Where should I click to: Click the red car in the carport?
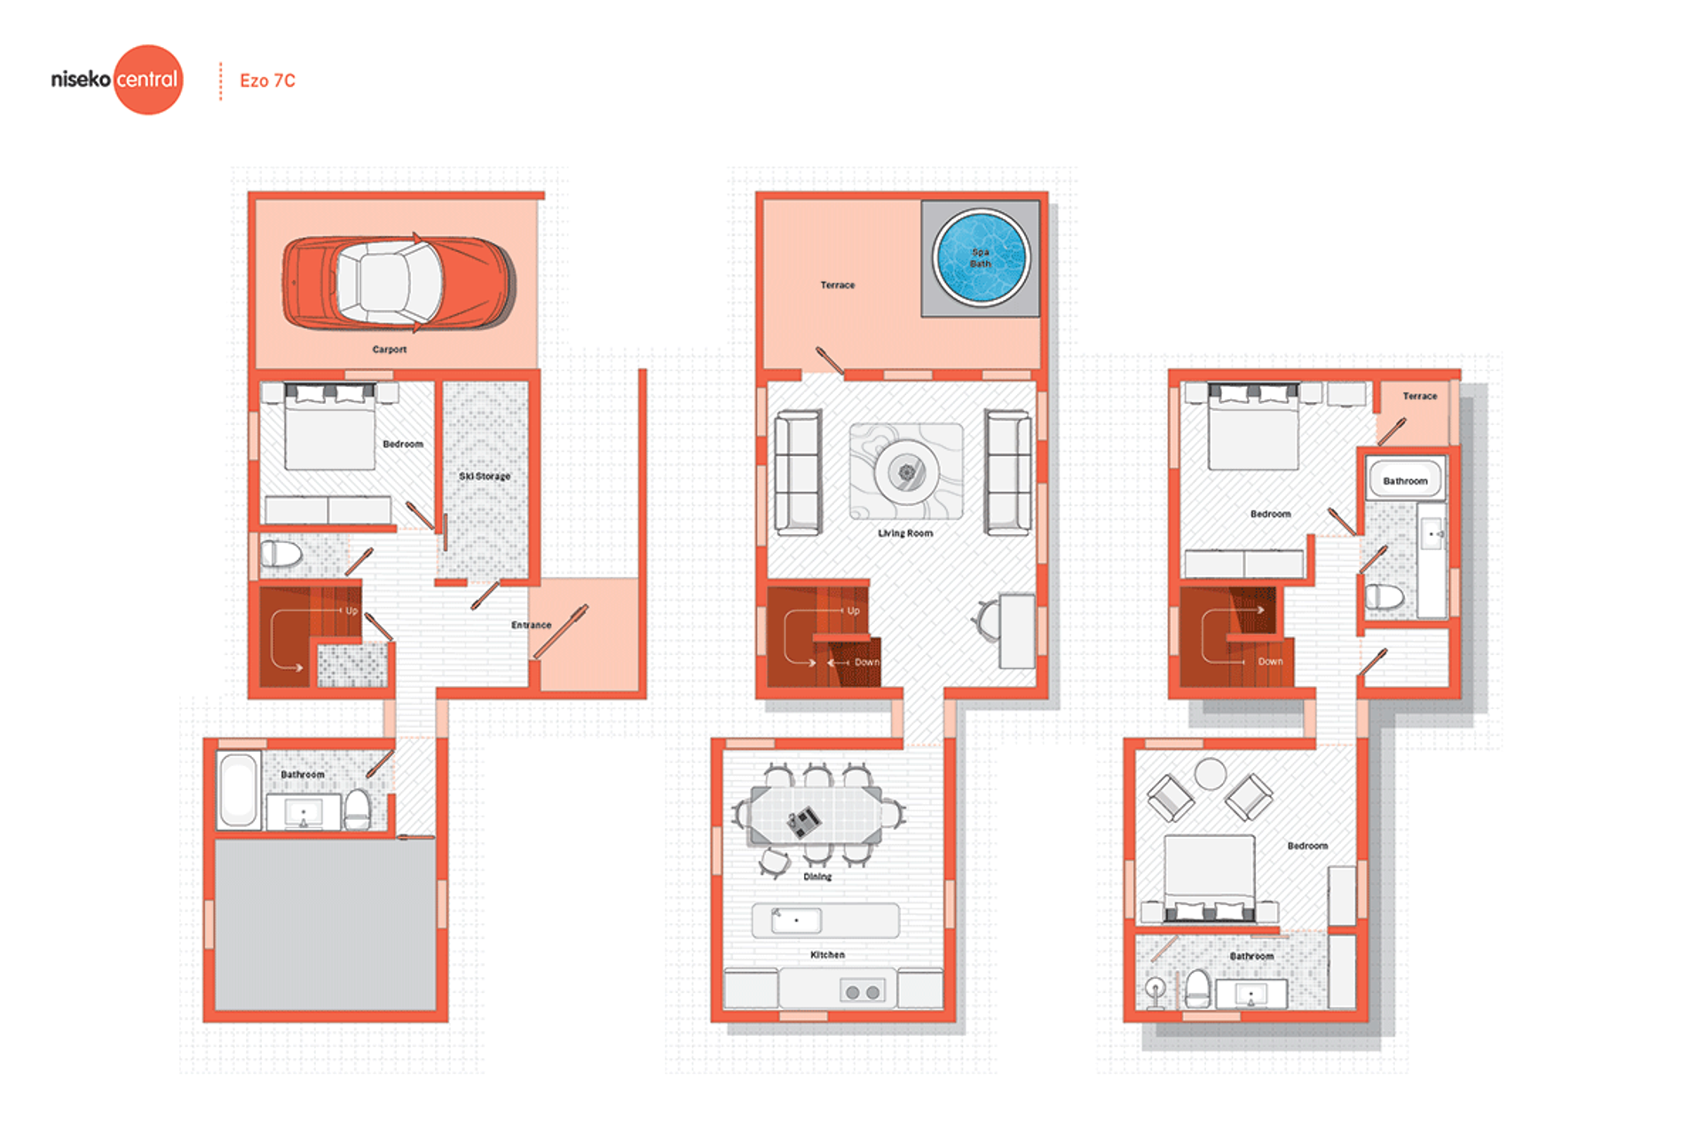398,283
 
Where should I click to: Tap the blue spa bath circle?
981,257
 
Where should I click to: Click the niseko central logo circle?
148,80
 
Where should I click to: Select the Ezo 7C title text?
267,81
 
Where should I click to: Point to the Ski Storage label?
485,477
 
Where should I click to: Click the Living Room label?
905,533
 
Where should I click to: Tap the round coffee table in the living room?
906,471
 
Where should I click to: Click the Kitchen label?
827,955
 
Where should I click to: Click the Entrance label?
531,625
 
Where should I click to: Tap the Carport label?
390,350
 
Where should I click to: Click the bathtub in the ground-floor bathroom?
238,791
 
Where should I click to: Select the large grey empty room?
326,925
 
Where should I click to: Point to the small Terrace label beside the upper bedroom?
1420,396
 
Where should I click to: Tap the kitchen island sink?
796,920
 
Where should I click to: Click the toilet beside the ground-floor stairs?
281,555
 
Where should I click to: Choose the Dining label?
817,877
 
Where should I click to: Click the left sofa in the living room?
798,472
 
